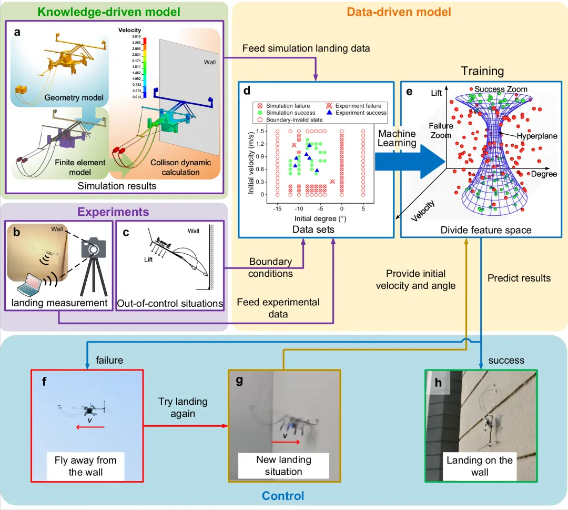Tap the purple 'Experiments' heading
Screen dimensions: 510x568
[x=114, y=212]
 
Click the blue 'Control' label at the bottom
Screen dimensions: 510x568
[x=283, y=495]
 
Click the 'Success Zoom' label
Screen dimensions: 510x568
[x=501, y=89]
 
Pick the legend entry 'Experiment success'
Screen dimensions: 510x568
[x=360, y=113]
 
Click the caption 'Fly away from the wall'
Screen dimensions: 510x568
[x=86, y=466]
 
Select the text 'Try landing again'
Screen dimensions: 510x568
[x=183, y=407]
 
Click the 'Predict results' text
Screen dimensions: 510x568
[x=519, y=278]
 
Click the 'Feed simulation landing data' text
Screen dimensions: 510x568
[x=306, y=48]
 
